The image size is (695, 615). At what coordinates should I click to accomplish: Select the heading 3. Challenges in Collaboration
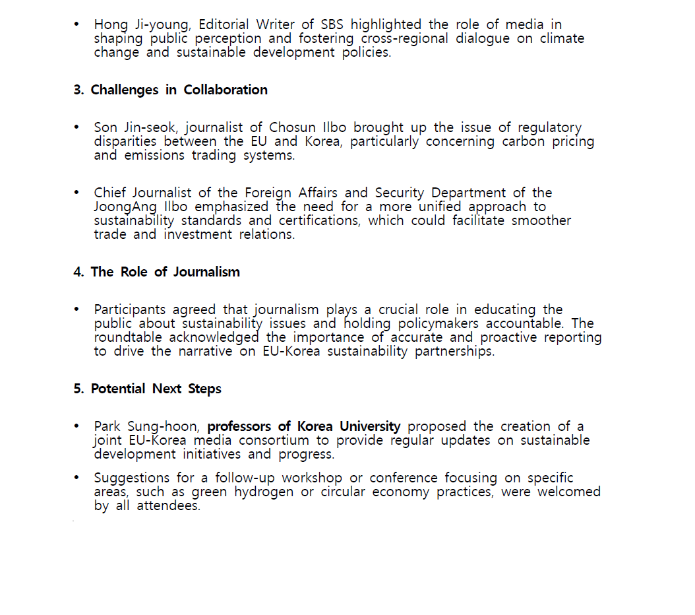click(170, 90)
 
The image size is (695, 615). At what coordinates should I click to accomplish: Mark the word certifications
click(318, 220)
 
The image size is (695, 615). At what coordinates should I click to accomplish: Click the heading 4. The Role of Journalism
click(156, 272)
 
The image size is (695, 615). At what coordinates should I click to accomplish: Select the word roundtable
click(128, 337)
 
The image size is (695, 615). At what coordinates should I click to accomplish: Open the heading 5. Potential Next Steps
click(147, 389)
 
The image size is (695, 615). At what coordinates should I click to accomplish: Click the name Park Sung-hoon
click(146, 426)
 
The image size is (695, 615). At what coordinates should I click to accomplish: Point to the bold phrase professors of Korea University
click(304, 426)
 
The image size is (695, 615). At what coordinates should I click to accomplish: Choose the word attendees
click(168, 506)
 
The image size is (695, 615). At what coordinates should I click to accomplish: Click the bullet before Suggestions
click(76, 478)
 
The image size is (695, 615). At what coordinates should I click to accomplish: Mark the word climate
click(562, 39)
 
